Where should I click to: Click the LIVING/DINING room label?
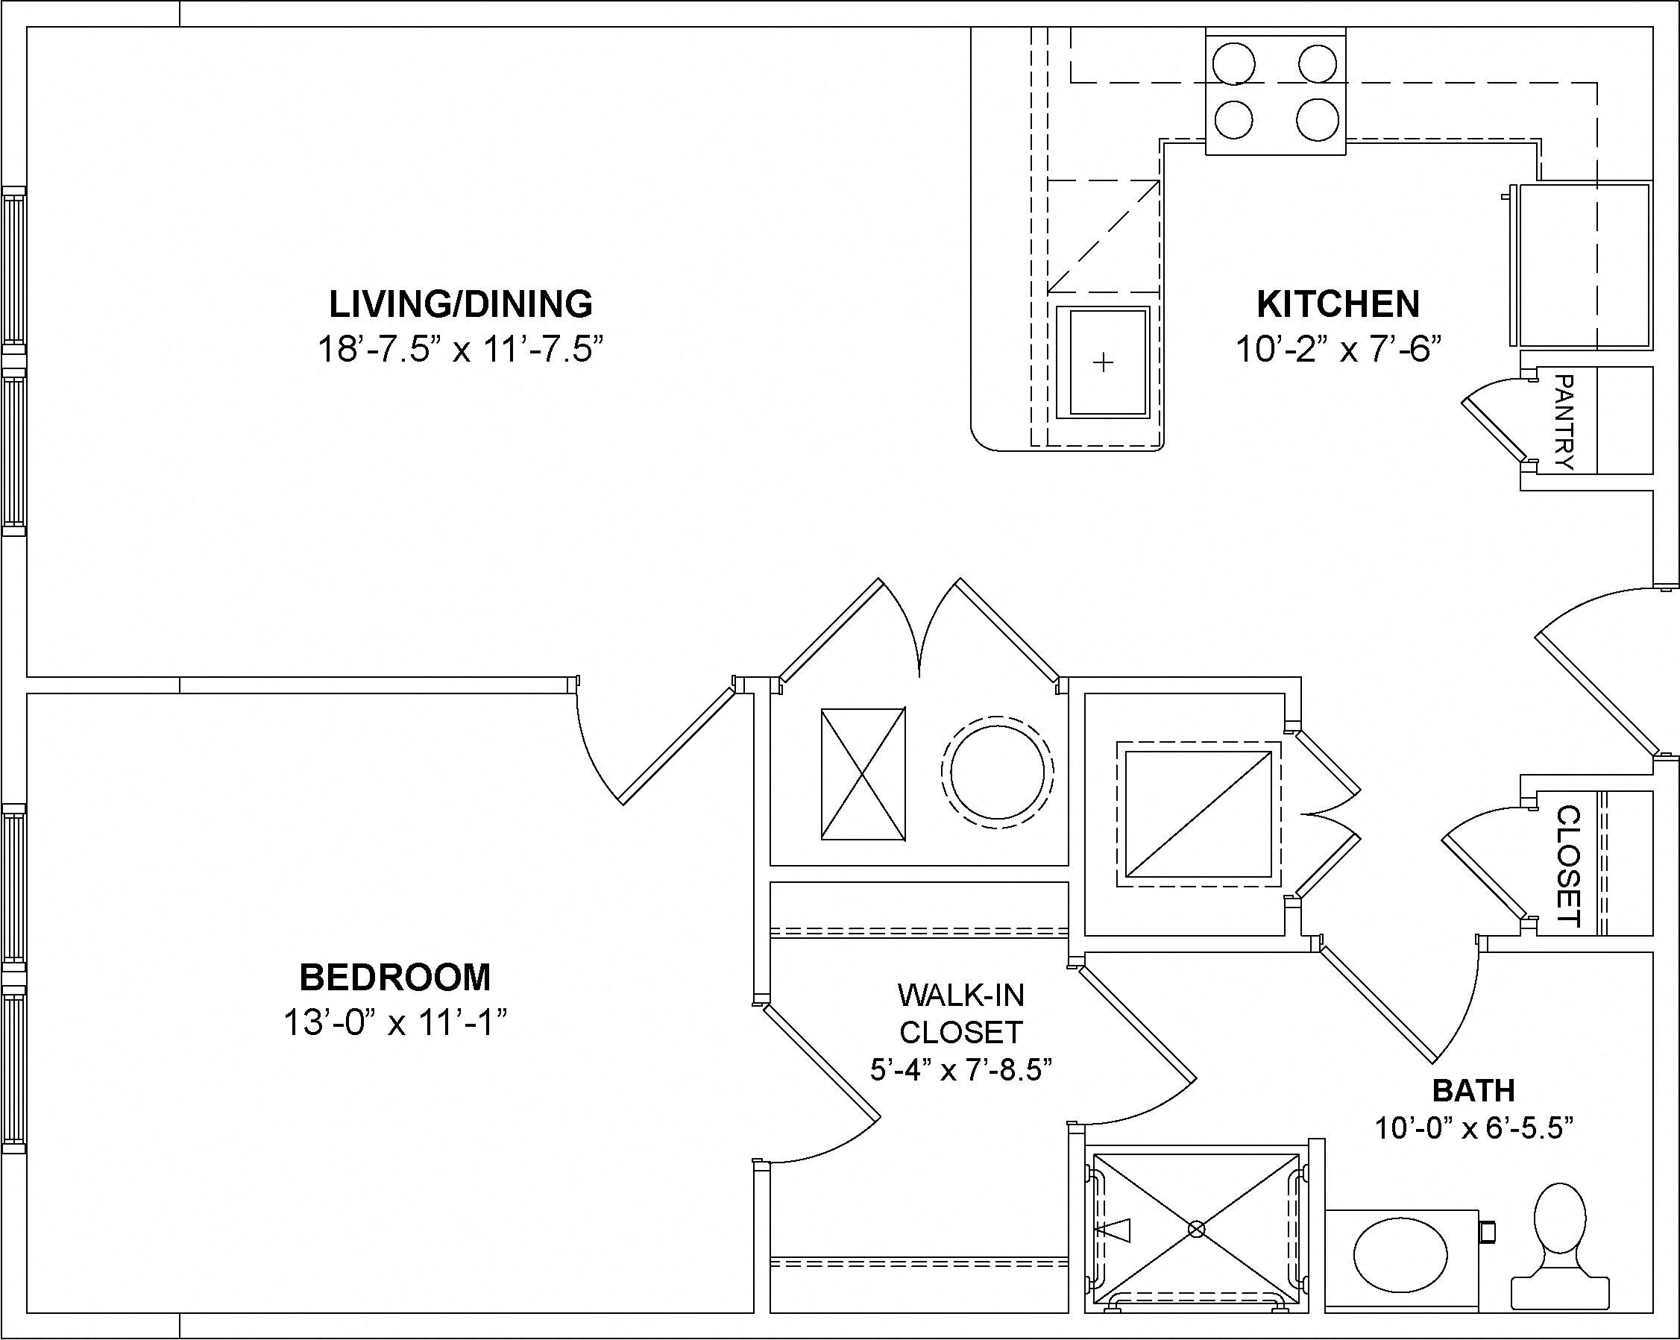point(461,303)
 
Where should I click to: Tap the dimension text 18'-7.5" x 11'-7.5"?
point(461,349)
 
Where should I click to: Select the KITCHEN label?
point(1338,303)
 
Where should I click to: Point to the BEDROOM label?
point(395,977)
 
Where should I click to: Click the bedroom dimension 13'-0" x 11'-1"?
point(395,1022)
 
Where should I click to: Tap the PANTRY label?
point(1563,422)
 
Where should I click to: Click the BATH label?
point(1473,1091)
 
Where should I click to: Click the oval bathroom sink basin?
point(1400,1256)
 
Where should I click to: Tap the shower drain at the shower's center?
point(1197,1230)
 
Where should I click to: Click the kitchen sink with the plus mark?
point(1103,362)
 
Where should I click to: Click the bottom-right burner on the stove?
point(1318,120)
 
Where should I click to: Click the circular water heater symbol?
point(997,772)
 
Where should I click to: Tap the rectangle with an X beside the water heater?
point(863,773)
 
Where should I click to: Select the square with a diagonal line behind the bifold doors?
point(1198,814)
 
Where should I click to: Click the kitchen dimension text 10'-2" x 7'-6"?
point(1338,349)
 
